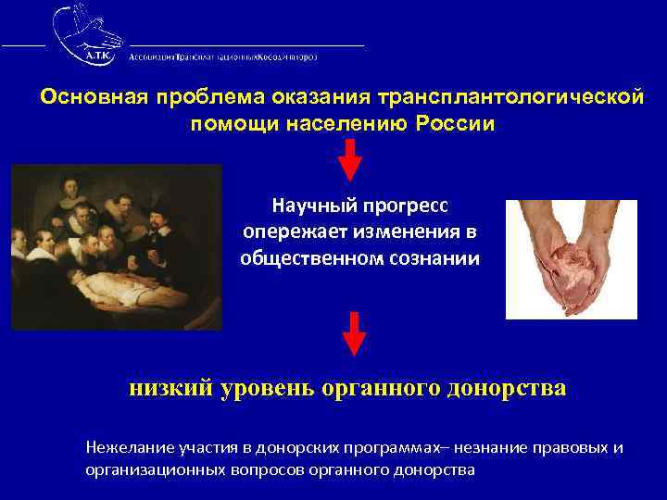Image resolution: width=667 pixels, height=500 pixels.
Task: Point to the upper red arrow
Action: [350, 159]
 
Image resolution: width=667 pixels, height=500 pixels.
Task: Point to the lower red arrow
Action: [354, 332]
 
